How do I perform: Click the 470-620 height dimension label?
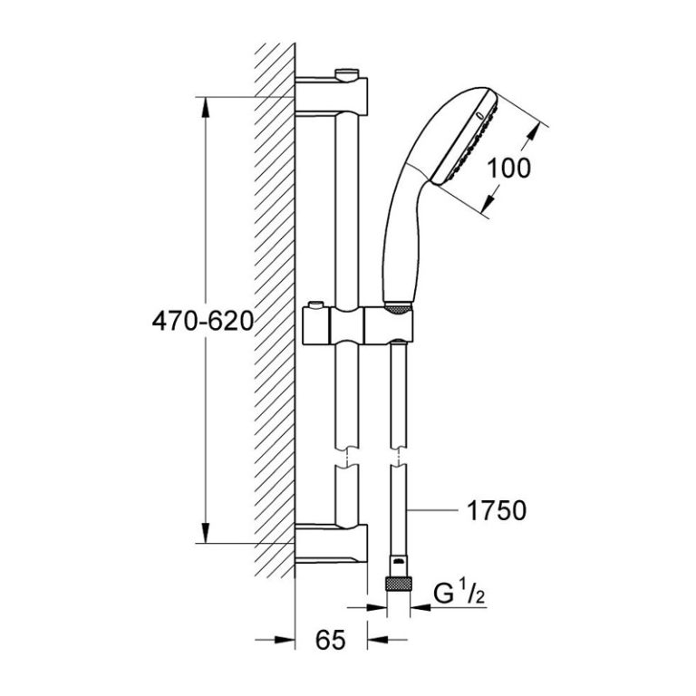coord(203,321)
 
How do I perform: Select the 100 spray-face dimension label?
coord(508,168)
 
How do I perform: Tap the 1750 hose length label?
coord(497,511)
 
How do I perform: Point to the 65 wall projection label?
coord(331,640)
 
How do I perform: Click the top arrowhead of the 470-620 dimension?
coord(205,107)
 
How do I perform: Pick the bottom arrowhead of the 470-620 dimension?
coord(205,532)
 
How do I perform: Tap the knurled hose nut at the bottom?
coord(399,583)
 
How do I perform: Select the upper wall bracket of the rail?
coord(331,96)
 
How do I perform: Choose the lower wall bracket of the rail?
coord(331,544)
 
